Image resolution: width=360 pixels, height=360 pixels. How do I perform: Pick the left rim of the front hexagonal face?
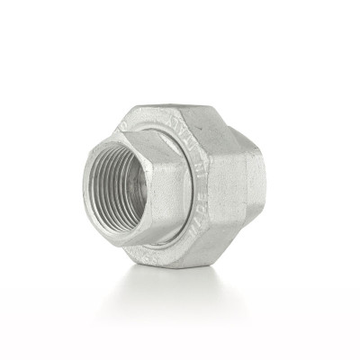(x=85, y=184)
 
